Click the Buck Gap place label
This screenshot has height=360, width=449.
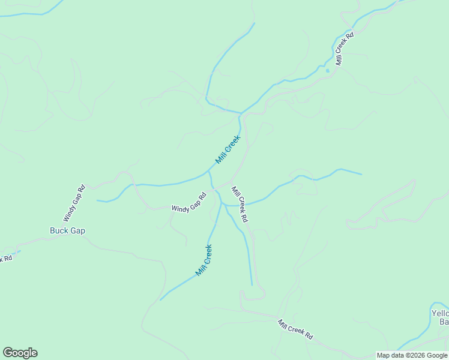pyautogui.click(x=67, y=230)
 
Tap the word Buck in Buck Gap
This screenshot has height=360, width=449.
pyautogui.click(x=59, y=230)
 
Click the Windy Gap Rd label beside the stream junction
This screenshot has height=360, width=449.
pyautogui.click(x=189, y=202)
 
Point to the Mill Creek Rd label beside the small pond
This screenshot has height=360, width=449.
pyautogui.click(x=345, y=49)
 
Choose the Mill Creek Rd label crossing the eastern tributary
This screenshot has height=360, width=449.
pyautogui.click(x=240, y=205)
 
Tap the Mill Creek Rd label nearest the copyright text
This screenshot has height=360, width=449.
pyautogui.click(x=295, y=329)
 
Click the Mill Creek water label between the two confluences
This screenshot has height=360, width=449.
pyautogui.click(x=228, y=149)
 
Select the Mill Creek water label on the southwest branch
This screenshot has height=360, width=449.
pyautogui.click(x=204, y=260)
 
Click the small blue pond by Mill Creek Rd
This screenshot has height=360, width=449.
pyautogui.click(x=327, y=71)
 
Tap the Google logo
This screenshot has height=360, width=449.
pyautogui.click(x=20, y=353)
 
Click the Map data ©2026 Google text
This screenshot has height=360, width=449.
pyautogui.click(x=411, y=355)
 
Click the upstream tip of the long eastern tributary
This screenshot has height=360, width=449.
pyautogui.click(x=362, y=175)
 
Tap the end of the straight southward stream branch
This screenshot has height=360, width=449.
pyautogui.click(x=252, y=285)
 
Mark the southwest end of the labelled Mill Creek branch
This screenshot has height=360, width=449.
pyautogui.click(x=160, y=299)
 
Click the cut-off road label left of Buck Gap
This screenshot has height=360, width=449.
pyautogui.click(x=6, y=259)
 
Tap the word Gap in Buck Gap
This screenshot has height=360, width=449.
pyautogui.click(x=77, y=230)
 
